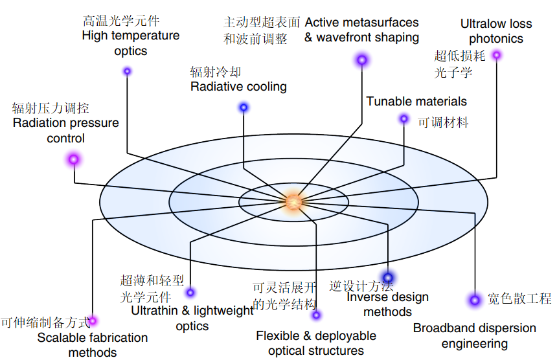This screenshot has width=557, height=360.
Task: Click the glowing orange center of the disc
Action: [293, 201]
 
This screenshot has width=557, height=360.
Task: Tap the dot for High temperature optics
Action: [128, 71]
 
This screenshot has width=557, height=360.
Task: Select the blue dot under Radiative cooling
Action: [244, 107]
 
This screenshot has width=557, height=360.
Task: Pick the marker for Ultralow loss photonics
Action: [497, 55]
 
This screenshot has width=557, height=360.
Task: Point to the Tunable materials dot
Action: [404, 118]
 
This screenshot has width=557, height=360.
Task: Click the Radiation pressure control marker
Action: [74, 159]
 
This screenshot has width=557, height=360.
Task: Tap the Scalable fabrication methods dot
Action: [93, 321]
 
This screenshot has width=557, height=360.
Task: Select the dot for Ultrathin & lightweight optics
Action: [190, 293]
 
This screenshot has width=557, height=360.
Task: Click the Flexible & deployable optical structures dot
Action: [316, 315]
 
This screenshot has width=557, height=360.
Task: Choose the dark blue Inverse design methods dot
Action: [388, 277]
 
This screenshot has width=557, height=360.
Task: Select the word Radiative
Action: [214, 87]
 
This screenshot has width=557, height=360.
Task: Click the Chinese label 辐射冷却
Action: [215, 72]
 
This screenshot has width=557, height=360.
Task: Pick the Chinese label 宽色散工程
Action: [519, 298]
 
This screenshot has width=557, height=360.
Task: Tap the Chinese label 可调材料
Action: [443, 122]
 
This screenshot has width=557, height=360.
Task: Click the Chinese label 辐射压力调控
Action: [51, 108]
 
